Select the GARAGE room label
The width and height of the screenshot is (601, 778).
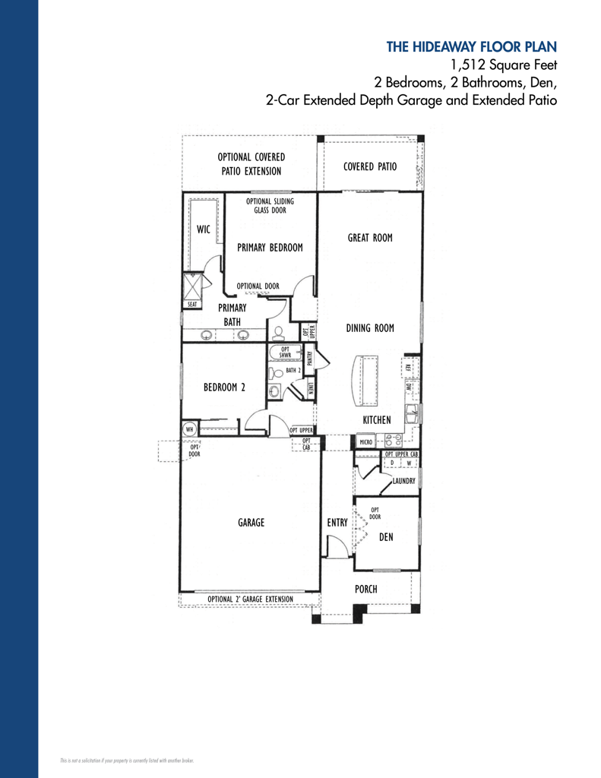click(x=251, y=523)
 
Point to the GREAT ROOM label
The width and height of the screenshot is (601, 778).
click(x=370, y=238)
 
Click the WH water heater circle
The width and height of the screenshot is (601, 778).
click(x=189, y=429)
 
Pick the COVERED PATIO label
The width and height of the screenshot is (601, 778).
click(x=370, y=167)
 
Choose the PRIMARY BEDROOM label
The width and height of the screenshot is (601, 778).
click(x=270, y=248)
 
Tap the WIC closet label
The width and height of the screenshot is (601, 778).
click(x=204, y=229)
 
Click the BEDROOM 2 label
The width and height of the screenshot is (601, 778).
click(x=224, y=387)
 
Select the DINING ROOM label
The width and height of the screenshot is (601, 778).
click(x=370, y=328)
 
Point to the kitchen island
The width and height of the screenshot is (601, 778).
click(x=369, y=381)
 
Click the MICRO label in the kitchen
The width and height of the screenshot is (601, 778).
click(x=365, y=441)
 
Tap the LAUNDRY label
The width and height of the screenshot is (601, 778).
click(x=403, y=481)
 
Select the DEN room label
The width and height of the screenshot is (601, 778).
click(x=386, y=537)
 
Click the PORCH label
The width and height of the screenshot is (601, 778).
click(x=365, y=589)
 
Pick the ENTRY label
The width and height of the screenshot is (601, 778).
click(x=337, y=523)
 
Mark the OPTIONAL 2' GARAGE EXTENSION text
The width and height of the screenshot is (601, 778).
click(x=250, y=599)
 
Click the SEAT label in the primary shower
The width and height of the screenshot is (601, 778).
click(x=192, y=304)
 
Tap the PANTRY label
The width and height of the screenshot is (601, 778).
click(x=309, y=356)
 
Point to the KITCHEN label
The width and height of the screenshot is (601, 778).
click(x=377, y=420)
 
